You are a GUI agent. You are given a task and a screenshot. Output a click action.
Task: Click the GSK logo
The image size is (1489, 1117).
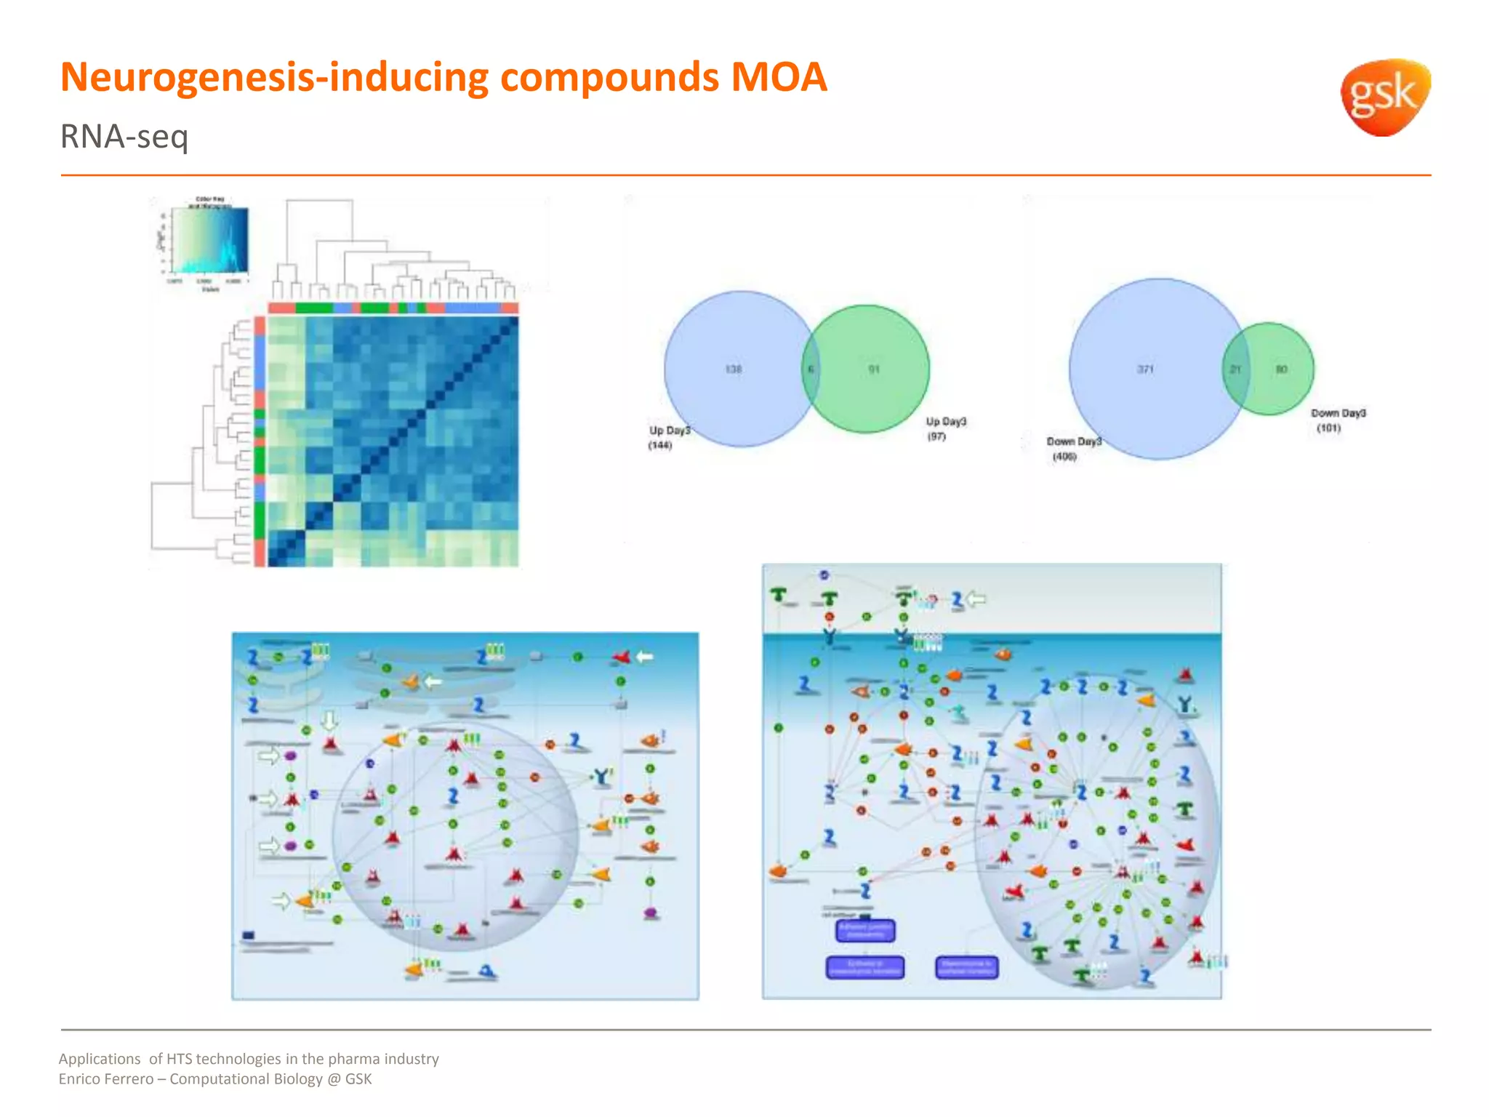(x=1384, y=97)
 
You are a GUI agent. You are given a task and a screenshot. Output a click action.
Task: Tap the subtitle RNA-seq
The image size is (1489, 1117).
(x=124, y=137)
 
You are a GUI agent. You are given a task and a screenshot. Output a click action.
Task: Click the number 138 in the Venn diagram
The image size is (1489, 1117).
(x=733, y=369)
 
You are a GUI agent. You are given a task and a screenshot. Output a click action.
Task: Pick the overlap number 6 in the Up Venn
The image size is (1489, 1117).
(x=811, y=369)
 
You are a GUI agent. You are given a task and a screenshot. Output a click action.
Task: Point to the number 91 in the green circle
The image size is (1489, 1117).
(x=874, y=369)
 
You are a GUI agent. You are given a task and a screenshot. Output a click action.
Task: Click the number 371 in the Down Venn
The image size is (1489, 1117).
(x=1145, y=369)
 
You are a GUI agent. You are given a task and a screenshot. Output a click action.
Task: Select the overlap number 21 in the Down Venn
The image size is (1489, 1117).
(x=1235, y=369)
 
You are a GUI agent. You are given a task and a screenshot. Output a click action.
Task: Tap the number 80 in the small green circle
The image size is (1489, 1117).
(x=1281, y=369)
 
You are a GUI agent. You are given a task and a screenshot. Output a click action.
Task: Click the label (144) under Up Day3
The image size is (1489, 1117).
(x=660, y=445)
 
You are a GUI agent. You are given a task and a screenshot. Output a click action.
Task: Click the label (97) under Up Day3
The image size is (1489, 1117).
(x=936, y=436)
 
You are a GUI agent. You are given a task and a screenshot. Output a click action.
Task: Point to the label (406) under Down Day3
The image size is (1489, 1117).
(x=1064, y=457)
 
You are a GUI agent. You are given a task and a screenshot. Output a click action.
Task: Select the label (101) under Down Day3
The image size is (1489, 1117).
(x=1328, y=428)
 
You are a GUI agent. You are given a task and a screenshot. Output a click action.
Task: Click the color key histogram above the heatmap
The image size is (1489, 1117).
(x=210, y=241)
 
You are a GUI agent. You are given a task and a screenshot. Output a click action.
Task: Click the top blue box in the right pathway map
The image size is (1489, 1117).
(x=865, y=930)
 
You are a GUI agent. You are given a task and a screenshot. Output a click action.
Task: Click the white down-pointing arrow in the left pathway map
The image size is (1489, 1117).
(x=329, y=720)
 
